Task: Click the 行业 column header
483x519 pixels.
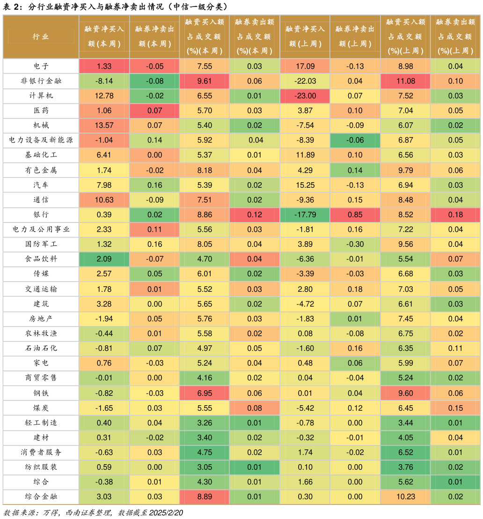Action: [41, 37]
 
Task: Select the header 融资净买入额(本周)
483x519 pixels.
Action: [104, 37]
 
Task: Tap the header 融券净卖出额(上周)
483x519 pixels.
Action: [355, 37]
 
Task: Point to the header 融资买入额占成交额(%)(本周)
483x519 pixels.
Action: [205, 37]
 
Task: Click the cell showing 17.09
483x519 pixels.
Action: [305, 66]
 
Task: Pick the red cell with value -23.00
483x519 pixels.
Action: [305, 96]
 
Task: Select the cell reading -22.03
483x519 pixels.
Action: [305, 81]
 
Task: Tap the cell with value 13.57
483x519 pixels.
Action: [104, 126]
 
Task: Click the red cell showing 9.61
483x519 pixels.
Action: [205, 81]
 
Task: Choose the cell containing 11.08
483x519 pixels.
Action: [405, 81]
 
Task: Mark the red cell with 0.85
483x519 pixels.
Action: [355, 215]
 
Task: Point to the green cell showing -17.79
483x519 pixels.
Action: [305, 215]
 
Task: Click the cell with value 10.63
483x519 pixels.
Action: [104, 200]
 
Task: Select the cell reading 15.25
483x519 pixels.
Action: [305, 185]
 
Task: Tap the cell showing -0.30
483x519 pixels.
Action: [355, 244]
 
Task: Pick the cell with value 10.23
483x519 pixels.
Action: [405, 497]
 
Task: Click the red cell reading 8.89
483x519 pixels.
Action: [205, 497]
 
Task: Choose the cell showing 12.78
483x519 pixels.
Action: [104, 96]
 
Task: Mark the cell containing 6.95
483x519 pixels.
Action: [205, 393]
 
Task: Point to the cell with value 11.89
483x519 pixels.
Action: [305, 155]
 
